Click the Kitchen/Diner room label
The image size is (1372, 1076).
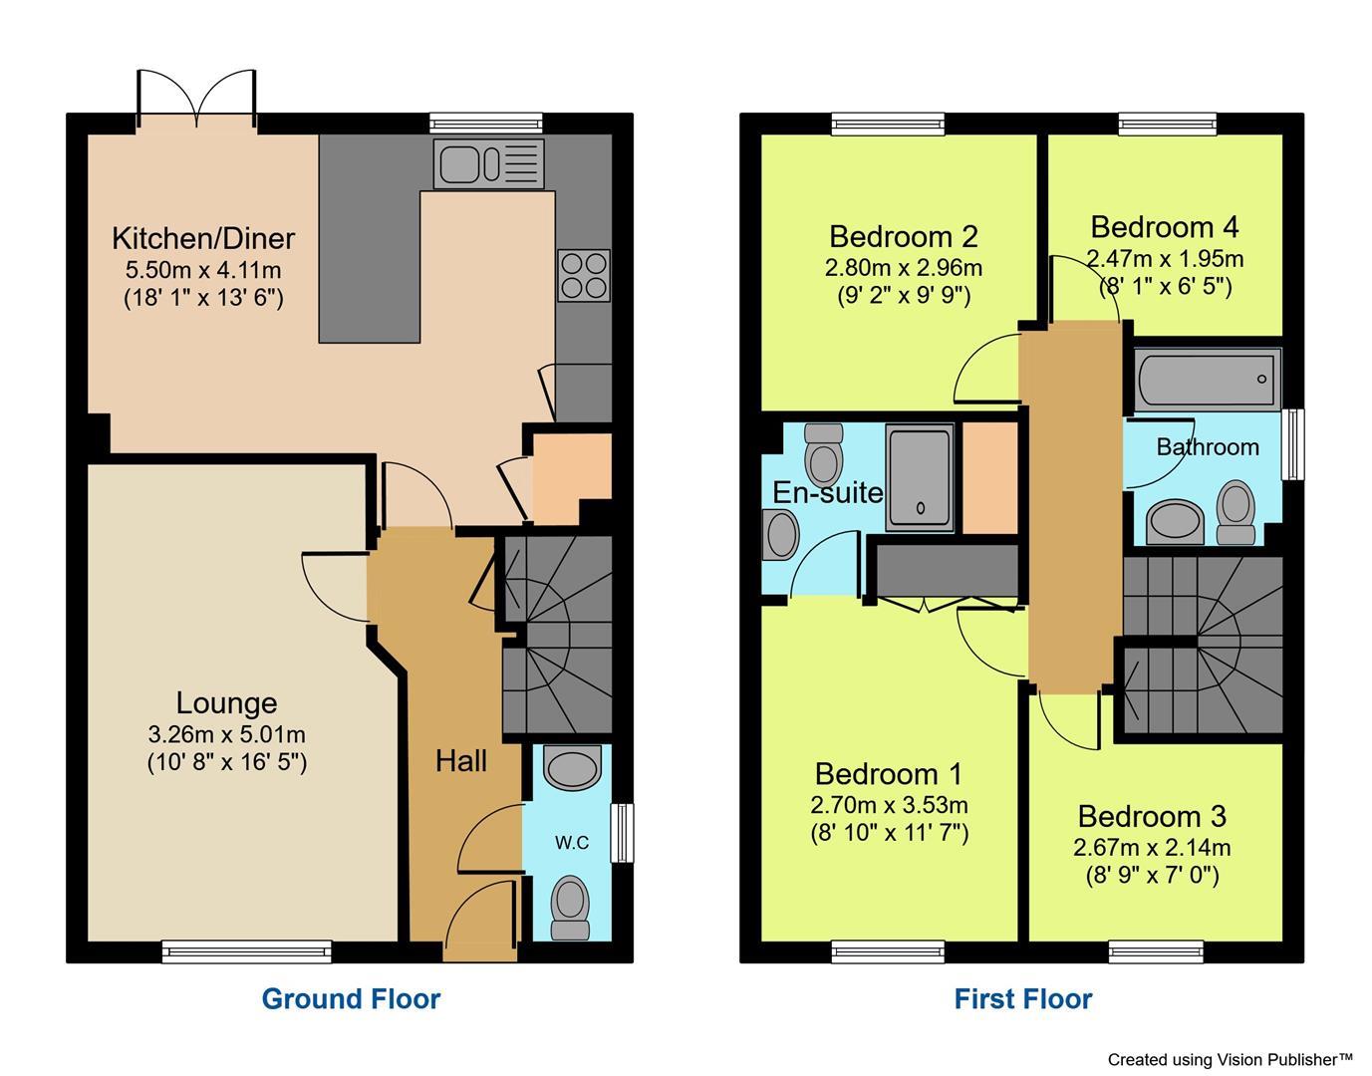pos(203,238)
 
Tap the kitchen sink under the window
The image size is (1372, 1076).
pos(488,163)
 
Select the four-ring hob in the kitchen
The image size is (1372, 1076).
pos(583,275)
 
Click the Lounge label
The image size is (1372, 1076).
pos(226,702)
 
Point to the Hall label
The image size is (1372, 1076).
pos(461,761)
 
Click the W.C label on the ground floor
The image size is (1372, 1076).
pos(572,843)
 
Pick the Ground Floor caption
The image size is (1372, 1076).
pos(351,998)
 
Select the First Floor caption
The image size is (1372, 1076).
pos(1023,998)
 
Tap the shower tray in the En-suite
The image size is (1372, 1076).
pos(920,477)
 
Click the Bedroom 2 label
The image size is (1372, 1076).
pos(904,236)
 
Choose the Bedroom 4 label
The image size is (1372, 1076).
pos(1165,227)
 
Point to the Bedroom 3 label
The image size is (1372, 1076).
pos(1152,816)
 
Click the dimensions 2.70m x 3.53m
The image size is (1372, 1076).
pos(890,805)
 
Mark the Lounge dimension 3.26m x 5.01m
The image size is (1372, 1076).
pos(226,735)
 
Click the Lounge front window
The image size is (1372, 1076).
pos(247,951)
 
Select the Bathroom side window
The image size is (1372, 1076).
pos(1294,444)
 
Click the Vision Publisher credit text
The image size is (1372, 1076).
pos(1230,1059)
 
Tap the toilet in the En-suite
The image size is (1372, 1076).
pos(824,455)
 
